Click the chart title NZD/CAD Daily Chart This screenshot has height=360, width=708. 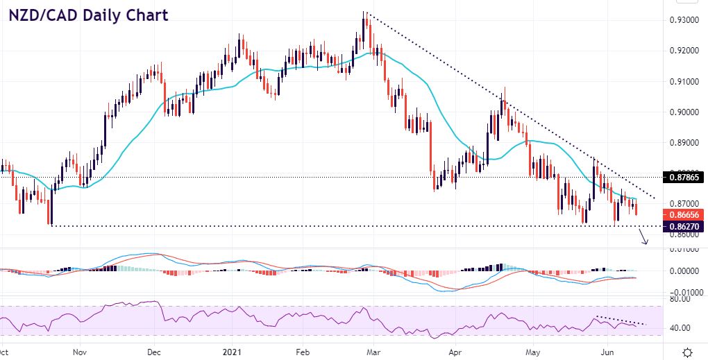tap(89, 15)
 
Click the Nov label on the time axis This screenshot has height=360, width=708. tap(80, 352)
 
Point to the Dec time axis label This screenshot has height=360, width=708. tap(155, 352)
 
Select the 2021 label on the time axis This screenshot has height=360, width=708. tap(231, 352)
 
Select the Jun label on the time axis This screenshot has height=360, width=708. tap(607, 352)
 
